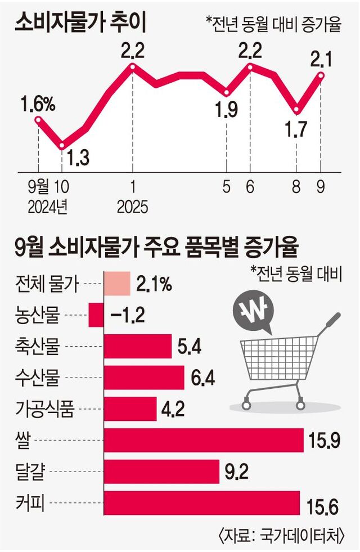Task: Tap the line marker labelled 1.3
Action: (x=61, y=145)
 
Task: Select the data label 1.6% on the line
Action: (x=38, y=104)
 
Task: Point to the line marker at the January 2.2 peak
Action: (x=133, y=67)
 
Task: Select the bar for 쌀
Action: (x=202, y=442)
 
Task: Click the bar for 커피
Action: (x=201, y=502)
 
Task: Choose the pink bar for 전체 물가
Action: (x=116, y=285)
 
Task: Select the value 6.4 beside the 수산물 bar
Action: (x=201, y=378)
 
